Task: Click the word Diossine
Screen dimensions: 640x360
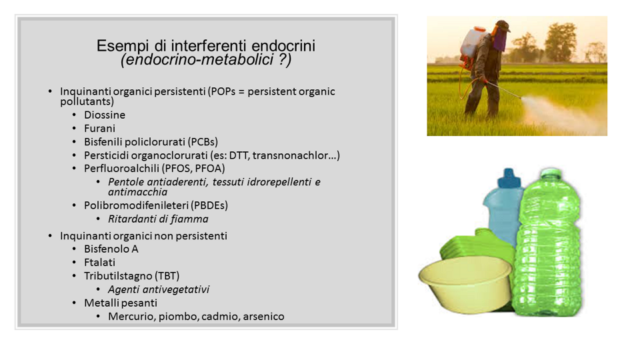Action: coord(105,115)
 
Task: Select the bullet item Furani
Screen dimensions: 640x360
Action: coord(99,129)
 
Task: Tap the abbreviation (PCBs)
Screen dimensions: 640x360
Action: coord(203,142)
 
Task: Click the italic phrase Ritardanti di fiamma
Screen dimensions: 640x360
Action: coord(158,219)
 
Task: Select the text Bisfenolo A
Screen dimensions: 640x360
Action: coord(111,249)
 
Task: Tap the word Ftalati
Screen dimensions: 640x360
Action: coord(99,263)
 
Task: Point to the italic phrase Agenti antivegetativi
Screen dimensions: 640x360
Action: coord(159,289)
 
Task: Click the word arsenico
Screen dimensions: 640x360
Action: coord(264,317)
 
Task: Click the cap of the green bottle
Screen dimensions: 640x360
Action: coord(550,173)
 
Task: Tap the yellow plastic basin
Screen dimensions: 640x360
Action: coord(465,283)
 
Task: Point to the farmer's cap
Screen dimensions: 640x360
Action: coord(503,26)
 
